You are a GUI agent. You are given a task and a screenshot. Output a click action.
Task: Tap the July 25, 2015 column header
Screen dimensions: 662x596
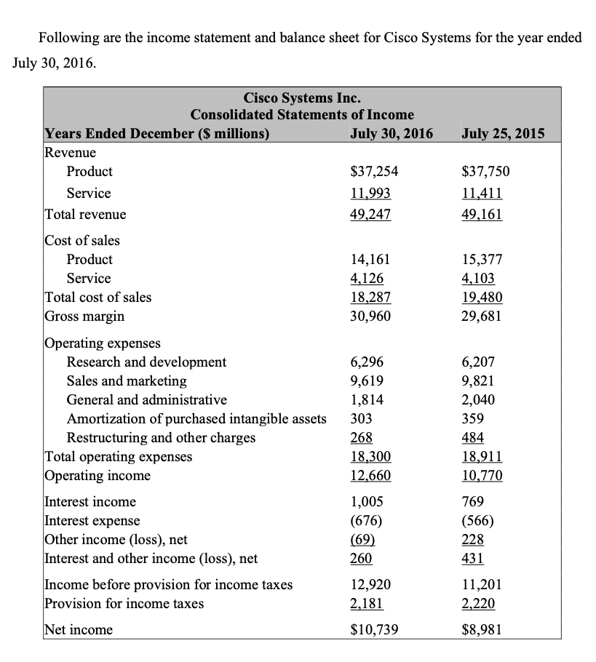[503, 133]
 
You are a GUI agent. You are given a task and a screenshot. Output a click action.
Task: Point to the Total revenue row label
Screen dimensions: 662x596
[86, 215]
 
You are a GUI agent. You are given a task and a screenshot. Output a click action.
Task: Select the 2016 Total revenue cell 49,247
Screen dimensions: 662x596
[370, 215]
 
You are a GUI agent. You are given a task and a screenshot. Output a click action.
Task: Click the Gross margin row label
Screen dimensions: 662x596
[84, 316]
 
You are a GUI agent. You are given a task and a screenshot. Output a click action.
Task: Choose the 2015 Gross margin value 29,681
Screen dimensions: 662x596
[482, 316]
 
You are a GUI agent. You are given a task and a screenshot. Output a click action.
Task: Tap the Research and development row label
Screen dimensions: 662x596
[146, 362]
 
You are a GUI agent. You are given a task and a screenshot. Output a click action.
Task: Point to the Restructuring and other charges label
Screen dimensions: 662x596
[161, 437]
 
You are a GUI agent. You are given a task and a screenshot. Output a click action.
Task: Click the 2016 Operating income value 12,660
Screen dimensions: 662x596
[370, 476]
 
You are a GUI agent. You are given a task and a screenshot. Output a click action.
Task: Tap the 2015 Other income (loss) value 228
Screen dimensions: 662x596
[473, 540]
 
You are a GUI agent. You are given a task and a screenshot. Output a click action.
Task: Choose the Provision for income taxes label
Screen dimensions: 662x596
[124, 603]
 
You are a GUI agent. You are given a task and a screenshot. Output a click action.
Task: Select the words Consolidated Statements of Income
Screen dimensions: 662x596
[302, 114]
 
